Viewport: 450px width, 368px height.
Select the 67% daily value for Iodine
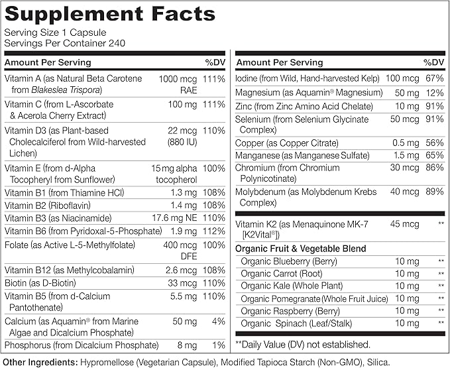[x=433, y=79]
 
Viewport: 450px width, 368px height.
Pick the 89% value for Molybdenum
[x=433, y=192]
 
